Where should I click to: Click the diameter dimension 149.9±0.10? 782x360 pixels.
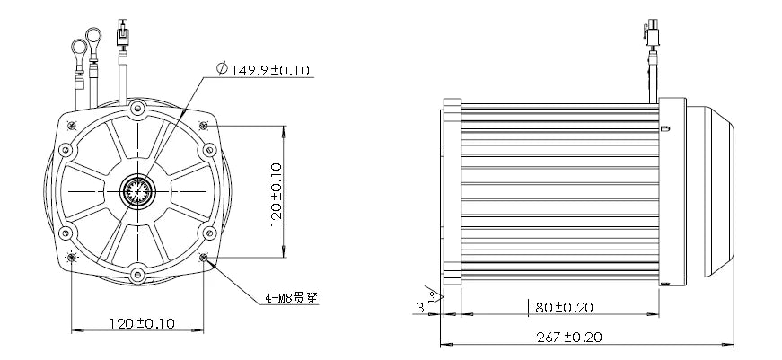(263, 69)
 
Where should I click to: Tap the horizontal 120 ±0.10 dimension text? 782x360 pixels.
(142, 323)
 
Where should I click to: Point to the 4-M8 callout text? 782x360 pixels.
(291, 298)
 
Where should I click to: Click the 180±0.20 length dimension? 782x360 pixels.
(561, 307)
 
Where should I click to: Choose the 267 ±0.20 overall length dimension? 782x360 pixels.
(569, 338)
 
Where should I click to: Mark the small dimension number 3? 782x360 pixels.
(420, 308)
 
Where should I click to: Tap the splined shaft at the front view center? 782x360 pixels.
(137, 191)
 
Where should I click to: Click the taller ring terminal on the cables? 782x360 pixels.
(93, 37)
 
